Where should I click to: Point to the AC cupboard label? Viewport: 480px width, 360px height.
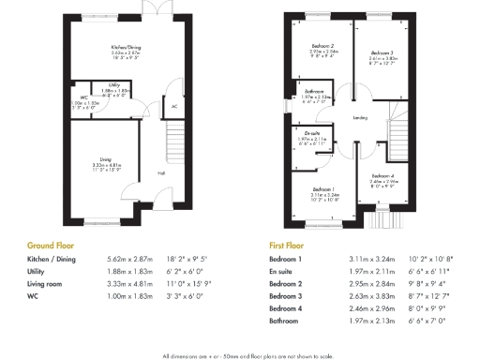(x=173, y=106)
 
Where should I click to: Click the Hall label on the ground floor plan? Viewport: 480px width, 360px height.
(x=160, y=173)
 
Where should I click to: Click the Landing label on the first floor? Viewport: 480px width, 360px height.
(x=360, y=117)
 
